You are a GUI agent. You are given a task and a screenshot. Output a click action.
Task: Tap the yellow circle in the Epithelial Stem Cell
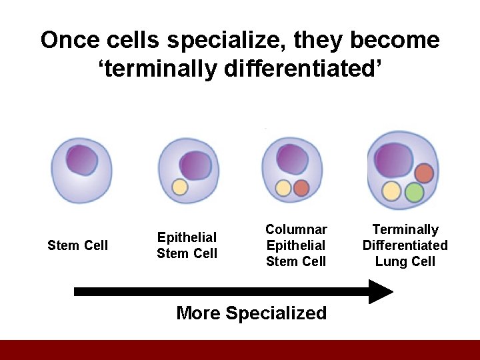(x=179, y=187)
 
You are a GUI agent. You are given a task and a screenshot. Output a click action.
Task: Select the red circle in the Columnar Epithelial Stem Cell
(x=301, y=188)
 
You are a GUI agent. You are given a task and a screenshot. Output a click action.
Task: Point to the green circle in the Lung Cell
(x=414, y=193)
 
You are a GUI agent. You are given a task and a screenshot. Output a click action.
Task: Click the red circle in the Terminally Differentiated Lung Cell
(x=424, y=173)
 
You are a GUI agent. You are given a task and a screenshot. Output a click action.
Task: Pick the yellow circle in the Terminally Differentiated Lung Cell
(x=391, y=192)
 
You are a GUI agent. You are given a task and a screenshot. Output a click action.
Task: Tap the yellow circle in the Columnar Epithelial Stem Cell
(x=284, y=189)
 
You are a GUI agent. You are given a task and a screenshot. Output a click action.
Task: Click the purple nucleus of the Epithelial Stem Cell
(x=195, y=165)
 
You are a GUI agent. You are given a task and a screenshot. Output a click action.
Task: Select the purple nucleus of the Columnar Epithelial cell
(x=293, y=160)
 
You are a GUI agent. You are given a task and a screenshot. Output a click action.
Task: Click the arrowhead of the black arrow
(x=381, y=291)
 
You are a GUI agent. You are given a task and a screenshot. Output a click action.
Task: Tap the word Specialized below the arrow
(x=277, y=313)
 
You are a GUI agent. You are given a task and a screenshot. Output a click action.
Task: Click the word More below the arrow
(x=199, y=313)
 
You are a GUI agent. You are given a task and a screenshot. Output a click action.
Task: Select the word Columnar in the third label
(x=296, y=229)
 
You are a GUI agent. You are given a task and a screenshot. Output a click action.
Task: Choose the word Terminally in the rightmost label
(x=405, y=229)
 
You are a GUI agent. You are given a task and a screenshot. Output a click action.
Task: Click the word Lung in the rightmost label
(x=389, y=261)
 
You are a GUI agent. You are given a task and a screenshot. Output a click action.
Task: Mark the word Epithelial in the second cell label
(x=187, y=237)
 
